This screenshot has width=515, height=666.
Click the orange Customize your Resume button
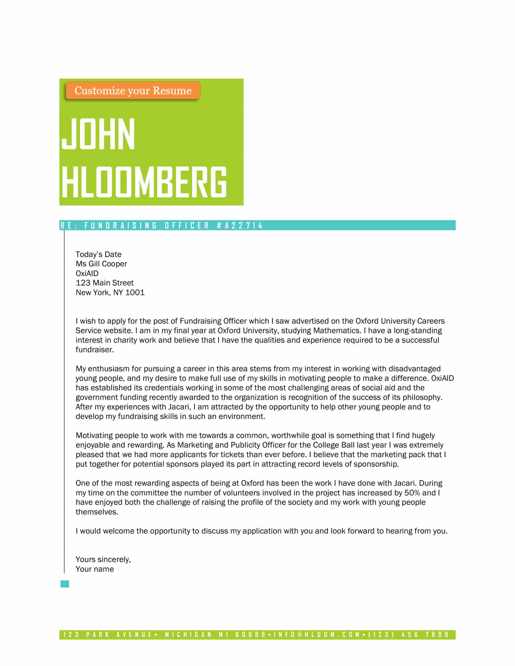[x=133, y=91]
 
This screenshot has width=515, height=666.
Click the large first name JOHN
[x=98, y=134]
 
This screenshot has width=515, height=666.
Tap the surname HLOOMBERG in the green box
[x=144, y=182]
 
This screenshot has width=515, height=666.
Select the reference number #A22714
[x=240, y=226]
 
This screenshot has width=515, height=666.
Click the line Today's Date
[x=98, y=254]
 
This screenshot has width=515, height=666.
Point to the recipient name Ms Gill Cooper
[x=101, y=264]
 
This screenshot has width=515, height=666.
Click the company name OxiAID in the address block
[x=87, y=274]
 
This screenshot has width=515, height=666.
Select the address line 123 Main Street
[x=105, y=283]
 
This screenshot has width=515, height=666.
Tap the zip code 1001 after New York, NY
[x=135, y=293]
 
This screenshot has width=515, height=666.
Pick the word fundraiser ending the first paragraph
[x=95, y=350]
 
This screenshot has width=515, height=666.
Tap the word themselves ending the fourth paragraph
[x=97, y=512]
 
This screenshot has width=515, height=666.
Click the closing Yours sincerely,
[x=103, y=559]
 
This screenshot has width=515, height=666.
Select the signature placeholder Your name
[x=95, y=569]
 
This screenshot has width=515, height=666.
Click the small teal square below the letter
[x=65, y=584]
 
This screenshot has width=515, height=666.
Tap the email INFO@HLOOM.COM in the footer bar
[x=317, y=635]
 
